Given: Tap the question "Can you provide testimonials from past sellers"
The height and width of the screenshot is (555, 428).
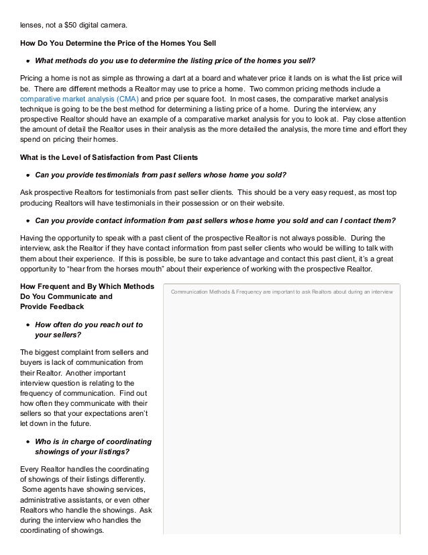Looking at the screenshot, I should tap(161, 175).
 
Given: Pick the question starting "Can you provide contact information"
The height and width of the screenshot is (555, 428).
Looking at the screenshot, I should tap(215, 219).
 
